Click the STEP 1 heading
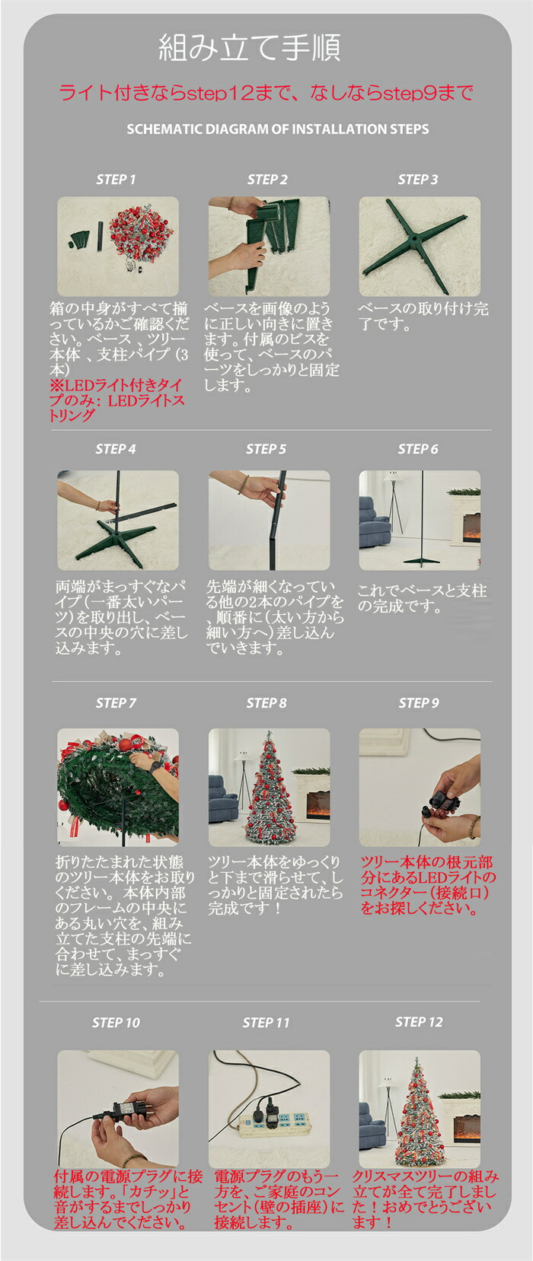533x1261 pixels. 116,180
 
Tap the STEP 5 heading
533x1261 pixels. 266,449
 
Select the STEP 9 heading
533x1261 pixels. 419,703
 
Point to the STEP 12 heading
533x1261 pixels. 419,1022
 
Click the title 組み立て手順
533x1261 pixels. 250,47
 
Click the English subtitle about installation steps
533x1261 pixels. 278,129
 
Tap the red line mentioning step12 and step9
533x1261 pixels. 266,93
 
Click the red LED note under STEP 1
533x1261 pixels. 117,400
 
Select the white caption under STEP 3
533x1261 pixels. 423,317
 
